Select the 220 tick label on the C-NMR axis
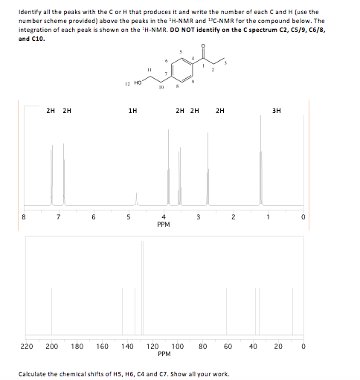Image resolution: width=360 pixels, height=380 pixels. coord(26,346)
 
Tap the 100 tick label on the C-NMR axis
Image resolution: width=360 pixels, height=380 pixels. coord(178,346)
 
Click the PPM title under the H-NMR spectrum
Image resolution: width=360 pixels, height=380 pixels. coord(164,225)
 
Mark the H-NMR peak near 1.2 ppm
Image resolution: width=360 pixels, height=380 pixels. coord(260,164)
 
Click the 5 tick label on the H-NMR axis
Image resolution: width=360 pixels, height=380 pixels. coord(129,217)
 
